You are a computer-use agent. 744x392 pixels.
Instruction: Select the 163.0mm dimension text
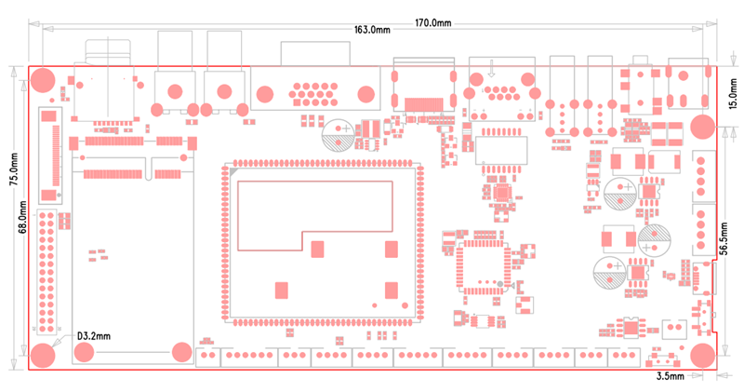point(372,31)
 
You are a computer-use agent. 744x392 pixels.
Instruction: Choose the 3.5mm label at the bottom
point(670,377)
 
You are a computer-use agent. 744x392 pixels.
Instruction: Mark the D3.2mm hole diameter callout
point(93,335)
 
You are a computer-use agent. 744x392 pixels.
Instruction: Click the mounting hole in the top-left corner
point(43,79)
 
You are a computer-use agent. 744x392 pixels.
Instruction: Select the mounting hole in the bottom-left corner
point(43,355)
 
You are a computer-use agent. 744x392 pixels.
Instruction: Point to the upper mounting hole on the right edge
point(702,127)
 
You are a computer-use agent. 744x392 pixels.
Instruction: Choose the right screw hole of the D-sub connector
point(366,93)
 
